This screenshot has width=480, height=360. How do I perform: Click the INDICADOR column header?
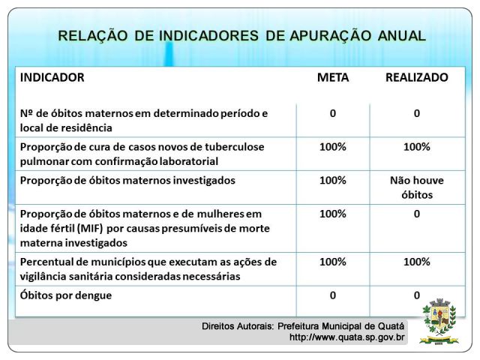(52, 77)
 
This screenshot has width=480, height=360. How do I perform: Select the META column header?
(333, 77)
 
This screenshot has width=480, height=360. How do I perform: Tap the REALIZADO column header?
(417, 77)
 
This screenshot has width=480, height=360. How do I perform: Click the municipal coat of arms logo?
(439, 322)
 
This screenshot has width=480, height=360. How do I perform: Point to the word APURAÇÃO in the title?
(330, 35)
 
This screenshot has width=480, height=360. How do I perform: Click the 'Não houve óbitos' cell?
(417, 187)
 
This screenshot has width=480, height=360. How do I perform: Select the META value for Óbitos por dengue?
(333, 295)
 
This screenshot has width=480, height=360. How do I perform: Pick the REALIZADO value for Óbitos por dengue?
(417, 295)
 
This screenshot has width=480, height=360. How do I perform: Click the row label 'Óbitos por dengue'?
(66, 295)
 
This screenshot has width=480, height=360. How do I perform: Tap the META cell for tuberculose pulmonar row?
(333, 147)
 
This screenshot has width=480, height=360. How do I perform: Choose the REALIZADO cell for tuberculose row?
(417, 147)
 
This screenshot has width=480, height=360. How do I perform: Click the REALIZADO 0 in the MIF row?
(417, 214)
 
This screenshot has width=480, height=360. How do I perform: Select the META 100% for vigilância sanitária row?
(333, 262)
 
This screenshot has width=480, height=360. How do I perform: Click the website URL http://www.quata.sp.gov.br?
(346, 337)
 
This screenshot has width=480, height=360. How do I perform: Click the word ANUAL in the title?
(402, 35)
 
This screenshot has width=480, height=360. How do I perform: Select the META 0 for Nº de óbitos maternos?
(333, 113)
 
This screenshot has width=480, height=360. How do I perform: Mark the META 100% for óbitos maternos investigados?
(333, 181)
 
